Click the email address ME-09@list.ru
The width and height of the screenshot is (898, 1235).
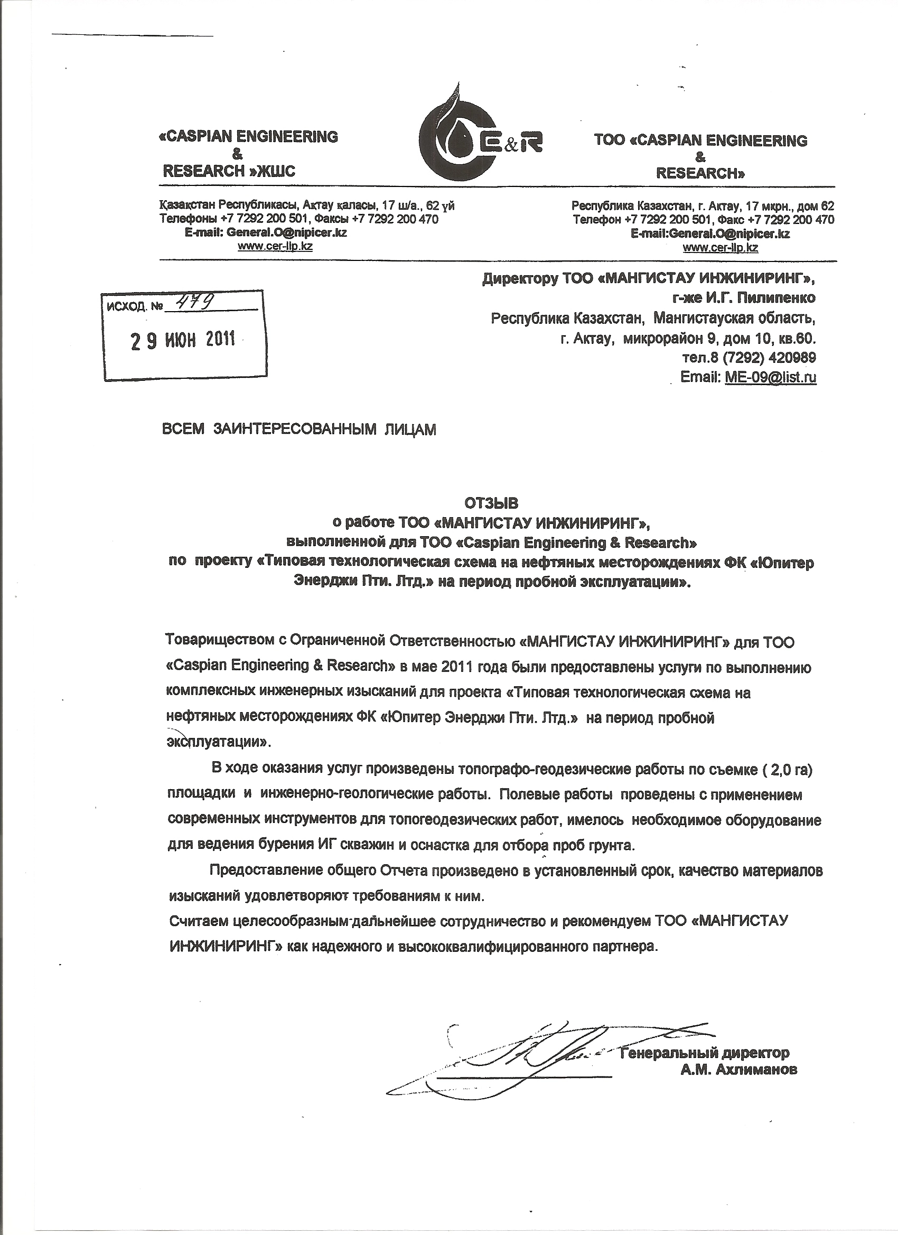[x=771, y=377]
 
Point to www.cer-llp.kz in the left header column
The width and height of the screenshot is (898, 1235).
[x=275, y=246]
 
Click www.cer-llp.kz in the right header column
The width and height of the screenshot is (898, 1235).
[x=720, y=248]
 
